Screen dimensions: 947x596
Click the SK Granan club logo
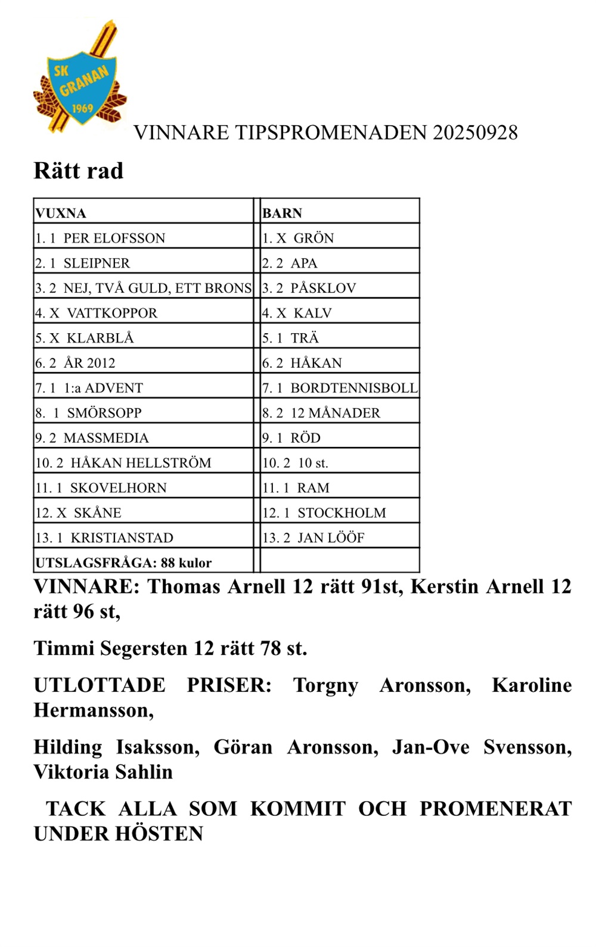point(80,79)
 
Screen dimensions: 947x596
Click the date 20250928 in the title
point(475,132)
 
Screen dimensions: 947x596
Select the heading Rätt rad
point(79,171)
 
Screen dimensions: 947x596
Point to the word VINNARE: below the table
point(86,587)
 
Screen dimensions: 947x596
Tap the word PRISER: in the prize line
point(229,685)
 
